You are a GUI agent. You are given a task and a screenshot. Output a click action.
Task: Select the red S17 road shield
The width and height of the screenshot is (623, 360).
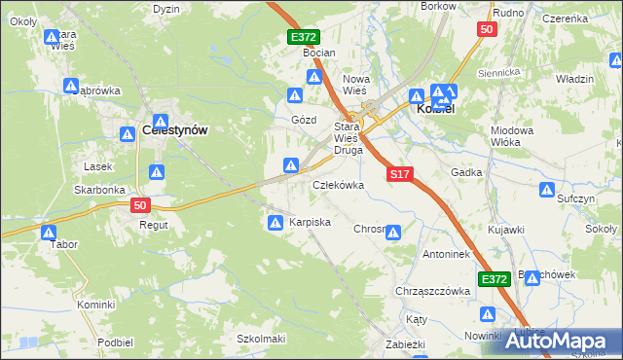click(401, 175)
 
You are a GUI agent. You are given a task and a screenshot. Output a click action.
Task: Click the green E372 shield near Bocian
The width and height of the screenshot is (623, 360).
click(304, 36)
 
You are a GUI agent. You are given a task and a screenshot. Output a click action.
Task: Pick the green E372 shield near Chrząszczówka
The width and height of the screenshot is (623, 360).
click(495, 279)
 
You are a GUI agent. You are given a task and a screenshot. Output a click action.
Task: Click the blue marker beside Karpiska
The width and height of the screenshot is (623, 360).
click(275, 223)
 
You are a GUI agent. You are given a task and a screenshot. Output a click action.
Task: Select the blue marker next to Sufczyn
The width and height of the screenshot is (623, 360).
click(548, 190)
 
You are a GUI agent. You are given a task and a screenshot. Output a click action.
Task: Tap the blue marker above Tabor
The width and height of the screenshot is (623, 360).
click(49, 232)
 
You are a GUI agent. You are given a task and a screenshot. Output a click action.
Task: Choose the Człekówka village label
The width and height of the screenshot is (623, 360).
click(338, 184)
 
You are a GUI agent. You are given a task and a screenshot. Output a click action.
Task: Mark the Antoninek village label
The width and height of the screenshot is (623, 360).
click(447, 255)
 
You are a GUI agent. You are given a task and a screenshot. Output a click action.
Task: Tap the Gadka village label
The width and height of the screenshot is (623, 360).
click(467, 172)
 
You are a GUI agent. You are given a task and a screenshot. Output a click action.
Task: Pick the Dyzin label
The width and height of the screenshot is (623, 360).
click(166, 8)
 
